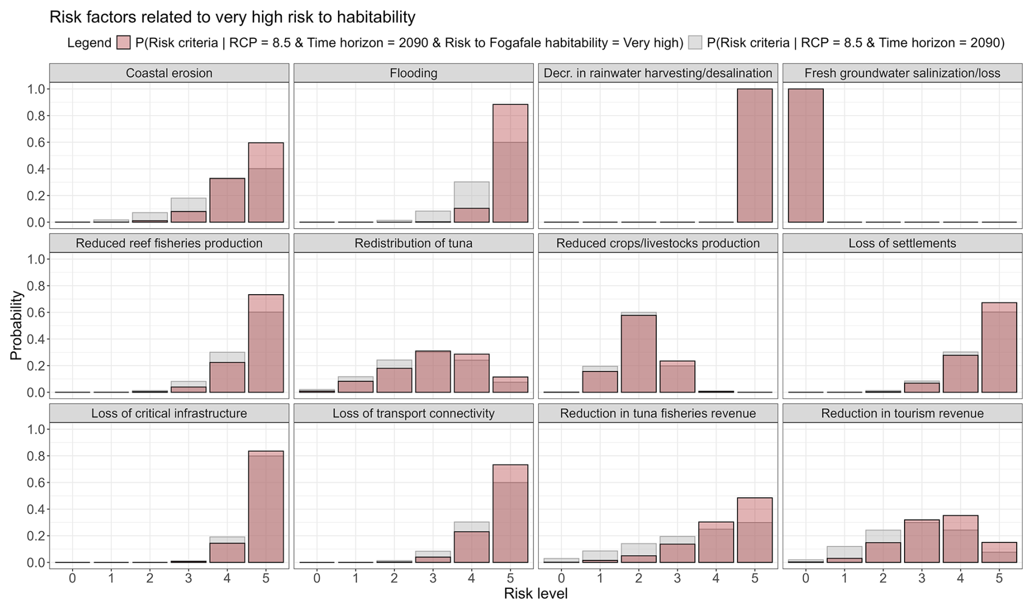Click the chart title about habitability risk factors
[232, 17]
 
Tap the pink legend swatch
[124, 43]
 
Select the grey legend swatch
[695, 43]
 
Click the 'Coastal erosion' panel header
[169, 73]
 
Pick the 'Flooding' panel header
[413, 73]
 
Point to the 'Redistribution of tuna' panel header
[413, 243]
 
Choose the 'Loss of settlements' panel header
[902, 243]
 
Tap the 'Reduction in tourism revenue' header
[902, 414]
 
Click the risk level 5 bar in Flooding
[510, 164]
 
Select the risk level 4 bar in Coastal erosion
[227, 200]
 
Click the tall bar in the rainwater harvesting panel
[755, 156]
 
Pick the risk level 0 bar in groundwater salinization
[806, 156]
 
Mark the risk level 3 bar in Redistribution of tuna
[433, 372]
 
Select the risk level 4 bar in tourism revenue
[960, 539]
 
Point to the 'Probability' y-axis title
[16, 325]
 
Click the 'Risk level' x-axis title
[535, 594]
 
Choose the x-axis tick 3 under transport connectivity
[433, 578]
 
